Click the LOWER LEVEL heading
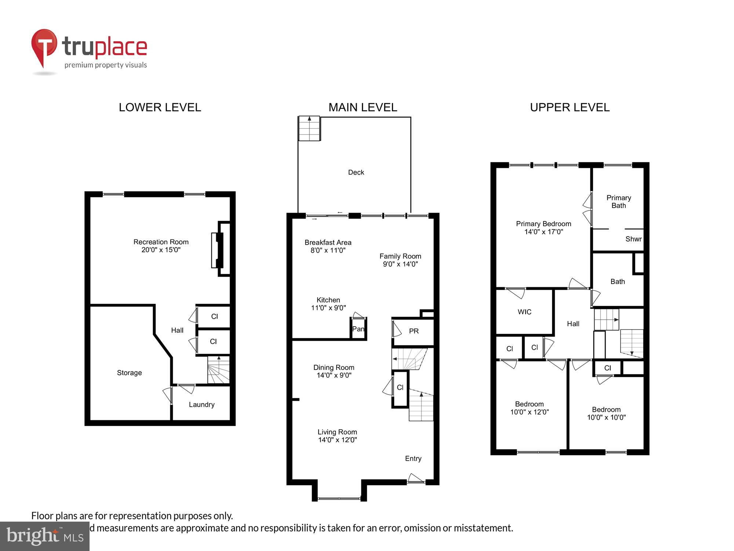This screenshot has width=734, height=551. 160,107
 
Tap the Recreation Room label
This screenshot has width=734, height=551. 161,242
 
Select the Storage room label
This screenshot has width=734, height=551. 129,372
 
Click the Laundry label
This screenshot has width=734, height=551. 201,404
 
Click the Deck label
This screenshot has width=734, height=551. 356,172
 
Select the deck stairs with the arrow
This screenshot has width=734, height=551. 309,129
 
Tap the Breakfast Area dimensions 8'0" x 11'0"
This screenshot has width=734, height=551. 328,251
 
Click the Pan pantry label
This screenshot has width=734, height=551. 358,329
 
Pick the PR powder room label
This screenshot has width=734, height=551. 414,331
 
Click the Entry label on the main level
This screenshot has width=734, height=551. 413,458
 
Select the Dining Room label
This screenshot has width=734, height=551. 334,367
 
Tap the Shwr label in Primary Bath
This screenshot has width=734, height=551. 633,239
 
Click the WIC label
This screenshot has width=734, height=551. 524,312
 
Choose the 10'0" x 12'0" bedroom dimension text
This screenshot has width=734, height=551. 529,412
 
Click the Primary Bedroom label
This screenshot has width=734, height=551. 543,224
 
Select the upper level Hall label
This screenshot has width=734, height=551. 573,324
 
